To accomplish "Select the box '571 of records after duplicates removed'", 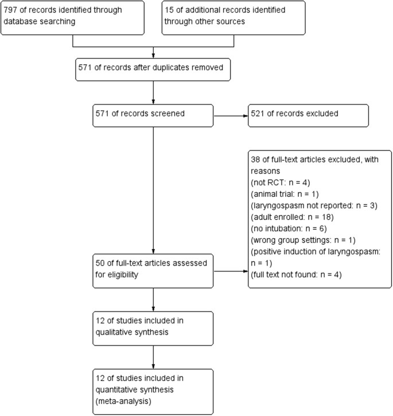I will click(153, 69).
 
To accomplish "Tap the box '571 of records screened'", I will click(153, 114).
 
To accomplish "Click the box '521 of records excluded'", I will click(308, 114).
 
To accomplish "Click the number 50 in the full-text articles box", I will click(101, 265).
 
